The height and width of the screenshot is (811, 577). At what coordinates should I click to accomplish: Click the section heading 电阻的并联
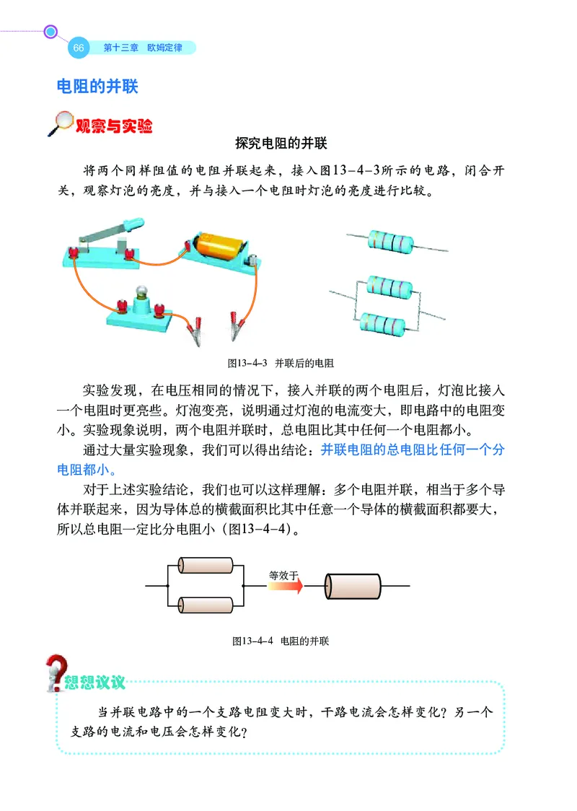point(97,87)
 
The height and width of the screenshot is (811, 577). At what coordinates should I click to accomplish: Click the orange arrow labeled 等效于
point(284,587)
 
